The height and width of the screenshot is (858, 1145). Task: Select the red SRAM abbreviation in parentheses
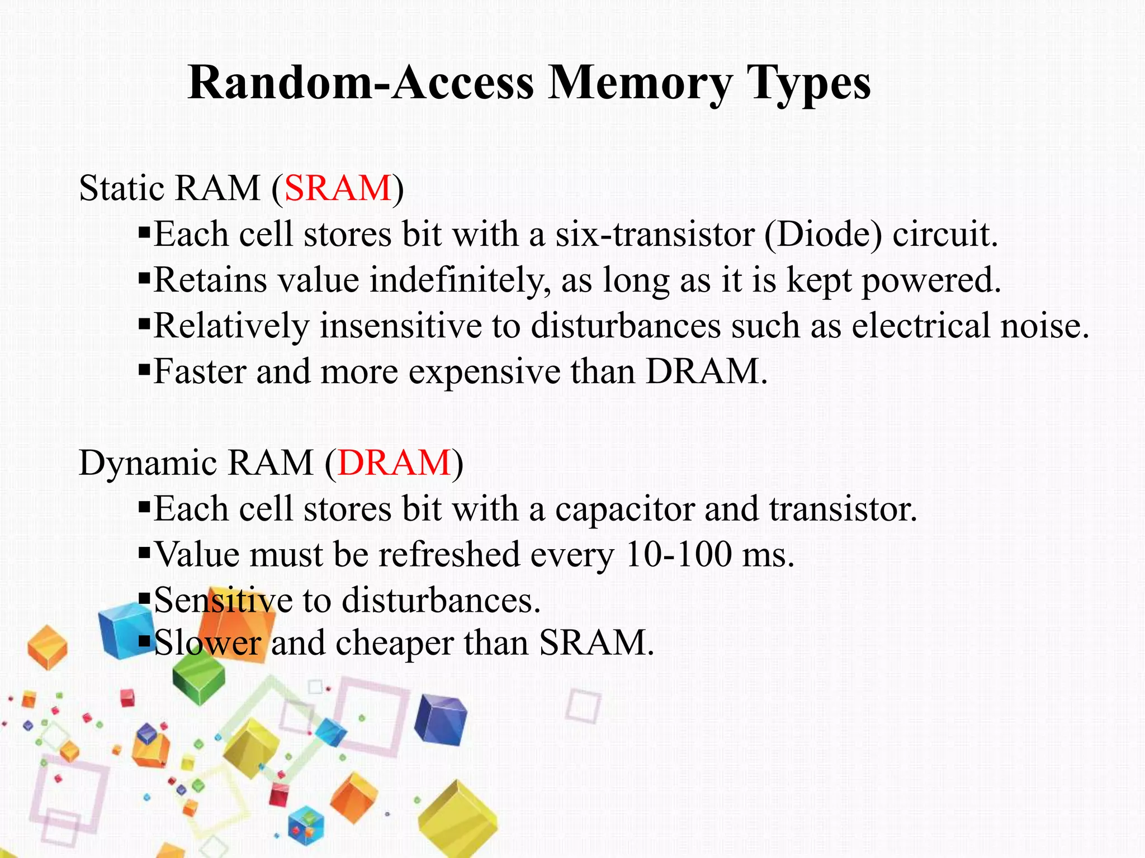coord(338,188)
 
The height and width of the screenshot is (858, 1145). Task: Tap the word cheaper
coord(394,643)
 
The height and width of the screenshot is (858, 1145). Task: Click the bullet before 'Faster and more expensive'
coord(144,368)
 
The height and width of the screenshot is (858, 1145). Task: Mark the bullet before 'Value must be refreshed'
coord(144,552)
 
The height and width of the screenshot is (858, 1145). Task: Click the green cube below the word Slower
coord(198,679)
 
